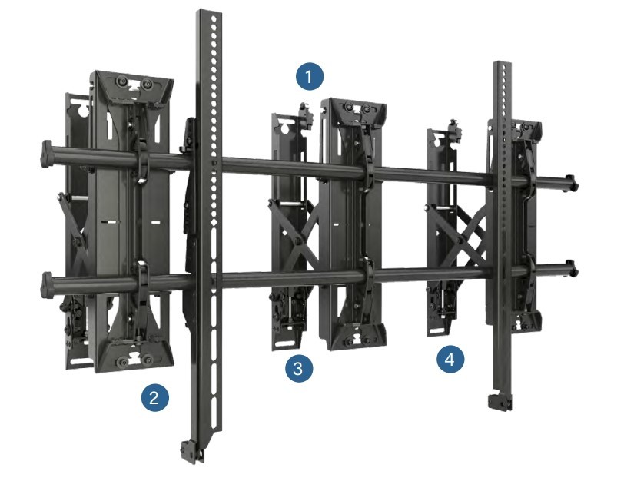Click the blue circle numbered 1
point(310,76)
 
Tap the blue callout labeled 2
point(154,397)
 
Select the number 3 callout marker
point(299,368)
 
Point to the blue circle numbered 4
point(450,360)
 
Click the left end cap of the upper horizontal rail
point(46,154)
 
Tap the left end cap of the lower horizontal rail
point(47,285)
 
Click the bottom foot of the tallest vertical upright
point(192,452)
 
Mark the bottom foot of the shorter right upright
point(500,402)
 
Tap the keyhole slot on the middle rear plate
point(285,128)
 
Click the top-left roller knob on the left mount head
point(120,82)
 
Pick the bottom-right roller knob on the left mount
point(148,361)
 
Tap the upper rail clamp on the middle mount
point(367,173)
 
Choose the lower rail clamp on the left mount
point(141,280)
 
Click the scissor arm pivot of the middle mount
point(297,240)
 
